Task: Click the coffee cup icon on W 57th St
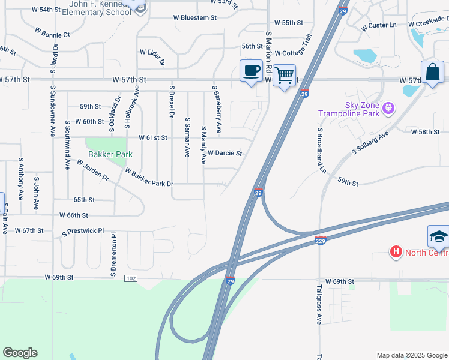pyautogui.click(x=251, y=71)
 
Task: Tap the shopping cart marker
pyautogui.click(x=284, y=76)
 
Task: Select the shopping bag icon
pyautogui.click(x=432, y=72)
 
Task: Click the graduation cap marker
pyautogui.click(x=439, y=236)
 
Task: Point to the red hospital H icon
pyautogui.click(x=396, y=252)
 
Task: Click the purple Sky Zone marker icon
pyautogui.click(x=388, y=109)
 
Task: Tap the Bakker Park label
pyautogui.click(x=110, y=154)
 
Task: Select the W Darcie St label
pyautogui.click(x=224, y=153)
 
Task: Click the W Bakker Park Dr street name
pyautogui.click(x=149, y=177)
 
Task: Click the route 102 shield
pyautogui.click(x=131, y=278)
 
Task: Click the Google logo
pyautogui.click(x=20, y=353)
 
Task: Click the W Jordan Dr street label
pyautogui.click(x=92, y=169)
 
